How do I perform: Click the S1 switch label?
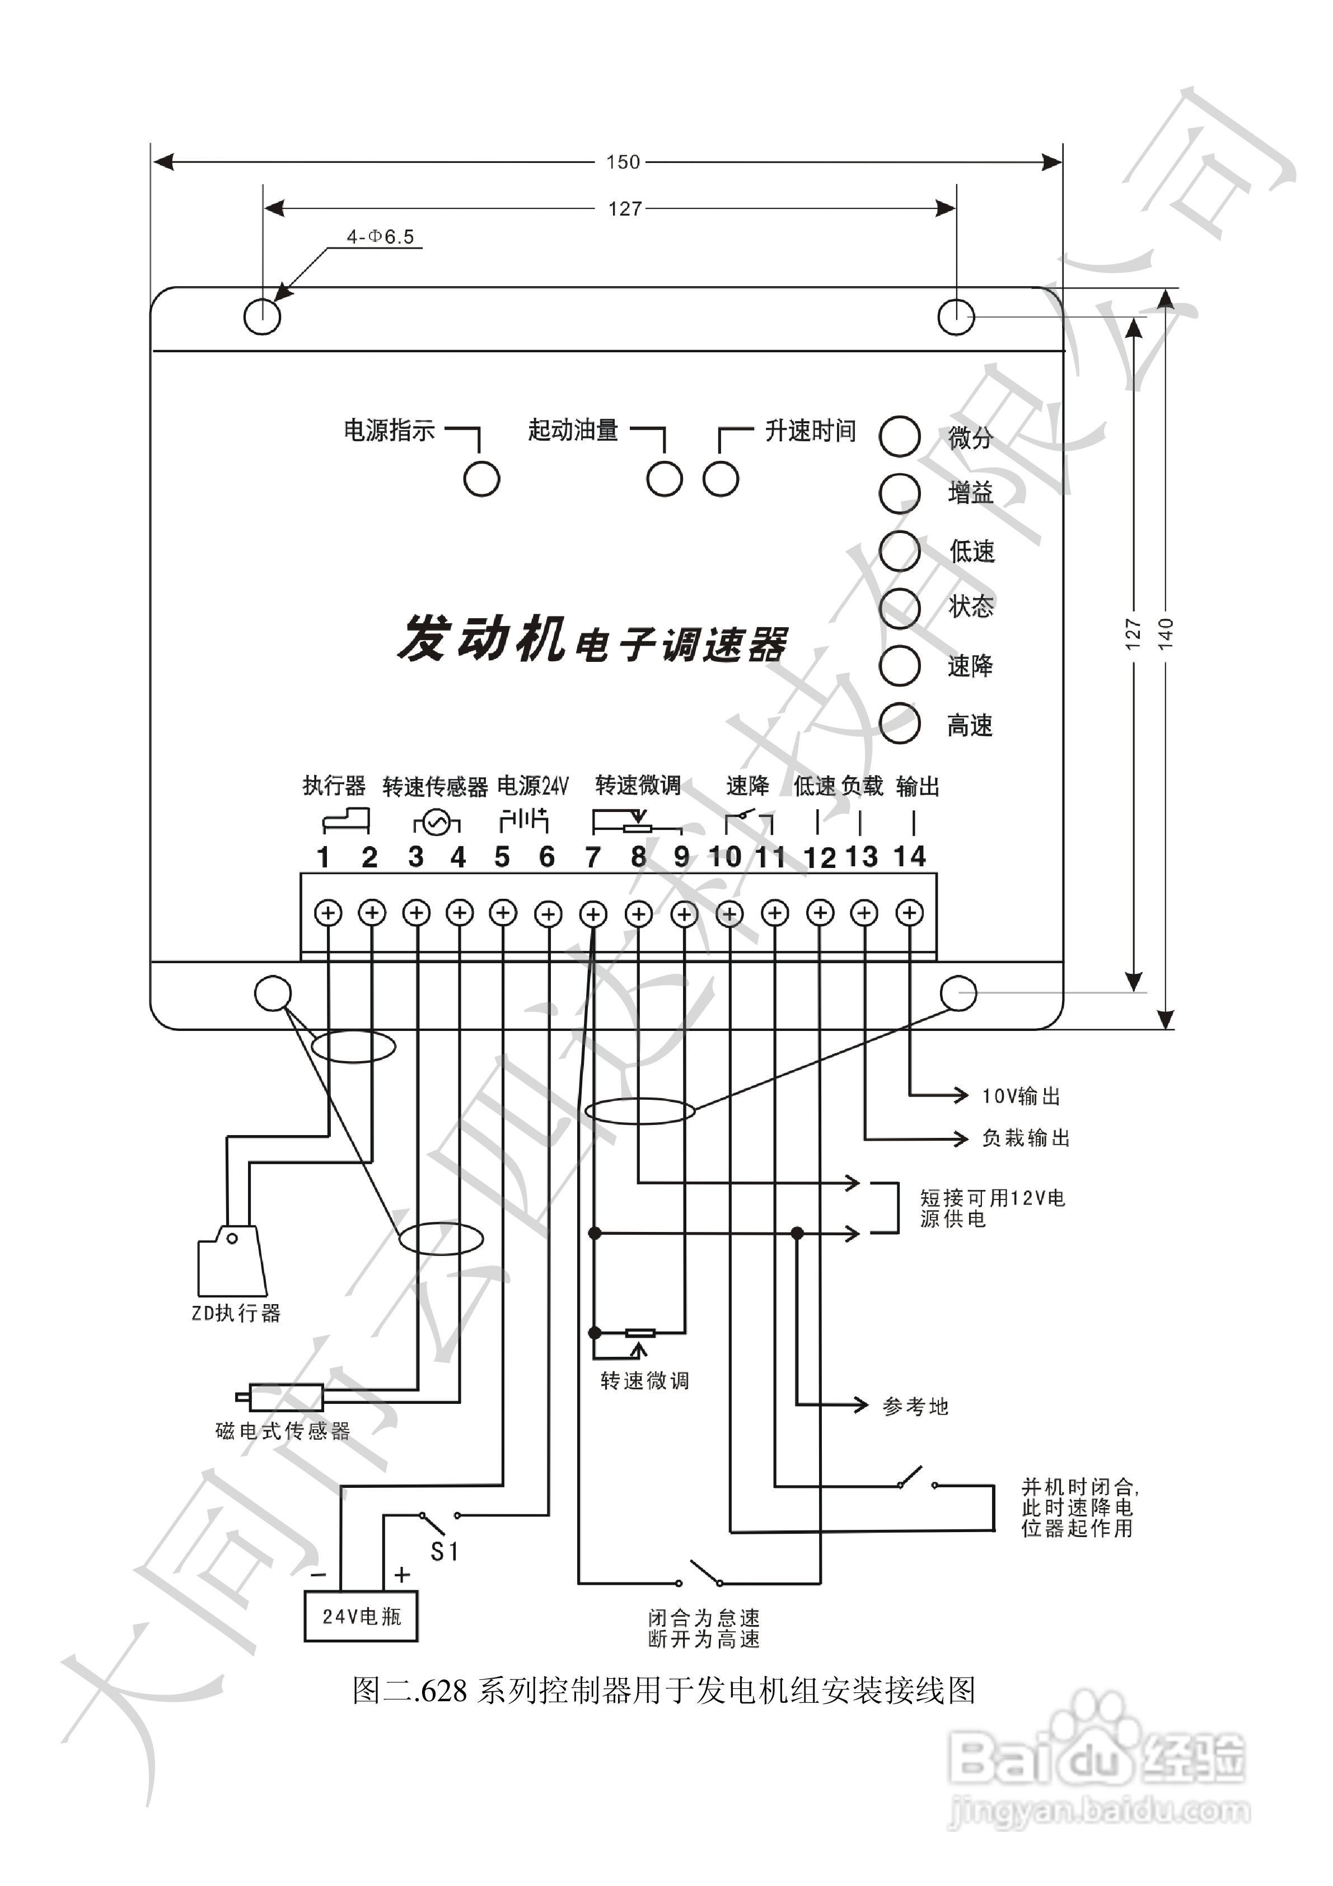445,1551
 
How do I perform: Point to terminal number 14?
909,857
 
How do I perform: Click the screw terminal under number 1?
329,913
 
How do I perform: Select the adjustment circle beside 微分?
899,435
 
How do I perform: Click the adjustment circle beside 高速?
899,723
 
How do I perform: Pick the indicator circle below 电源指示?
481,478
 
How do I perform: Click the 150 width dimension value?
623,162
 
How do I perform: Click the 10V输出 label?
1021,1096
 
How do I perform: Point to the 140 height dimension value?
1166,633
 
